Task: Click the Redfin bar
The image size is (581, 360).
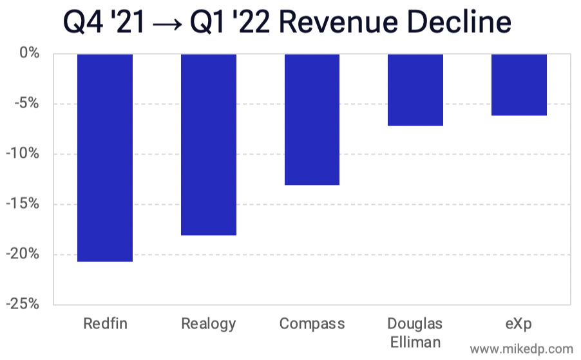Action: [105, 157]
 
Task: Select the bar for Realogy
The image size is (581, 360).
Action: [208, 144]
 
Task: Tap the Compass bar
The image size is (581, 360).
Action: [312, 119]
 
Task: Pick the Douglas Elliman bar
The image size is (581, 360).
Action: [415, 90]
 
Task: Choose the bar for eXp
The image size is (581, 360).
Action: [519, 84]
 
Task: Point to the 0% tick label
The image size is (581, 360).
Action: [29, 53]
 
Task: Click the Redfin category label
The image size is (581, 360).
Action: [105, 323]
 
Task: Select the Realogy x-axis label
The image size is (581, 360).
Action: [208, 323]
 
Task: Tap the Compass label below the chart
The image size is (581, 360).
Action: [312, 323]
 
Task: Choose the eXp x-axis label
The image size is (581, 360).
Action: [519, 323]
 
